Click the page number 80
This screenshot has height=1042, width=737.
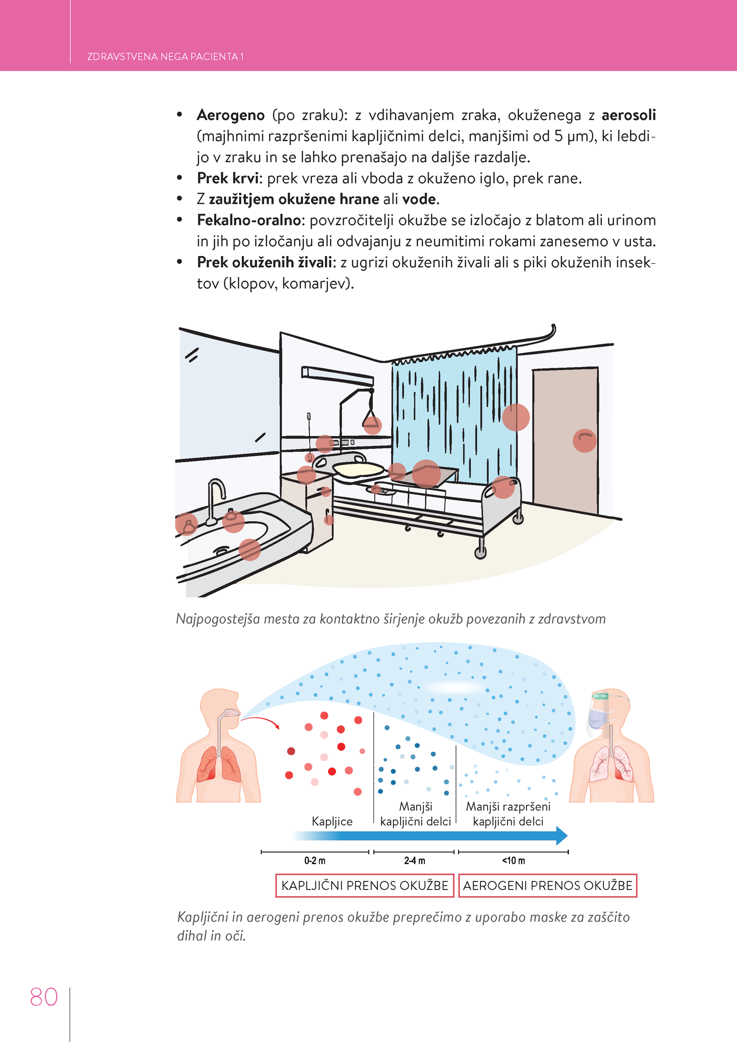44,997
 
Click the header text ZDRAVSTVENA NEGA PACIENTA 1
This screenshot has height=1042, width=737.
165,57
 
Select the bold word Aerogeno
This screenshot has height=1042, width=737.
231,115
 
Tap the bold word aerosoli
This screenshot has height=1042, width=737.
628,115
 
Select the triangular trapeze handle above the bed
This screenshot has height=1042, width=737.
372,423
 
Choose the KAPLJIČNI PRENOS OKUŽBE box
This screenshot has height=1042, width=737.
365,885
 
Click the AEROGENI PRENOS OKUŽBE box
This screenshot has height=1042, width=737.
548,885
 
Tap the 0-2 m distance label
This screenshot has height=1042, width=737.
315,861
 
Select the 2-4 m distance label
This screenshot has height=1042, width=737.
414,861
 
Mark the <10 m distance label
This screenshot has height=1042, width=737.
513,861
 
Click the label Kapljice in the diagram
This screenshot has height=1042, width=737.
332,821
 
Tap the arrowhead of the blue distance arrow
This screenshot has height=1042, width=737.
562,835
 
